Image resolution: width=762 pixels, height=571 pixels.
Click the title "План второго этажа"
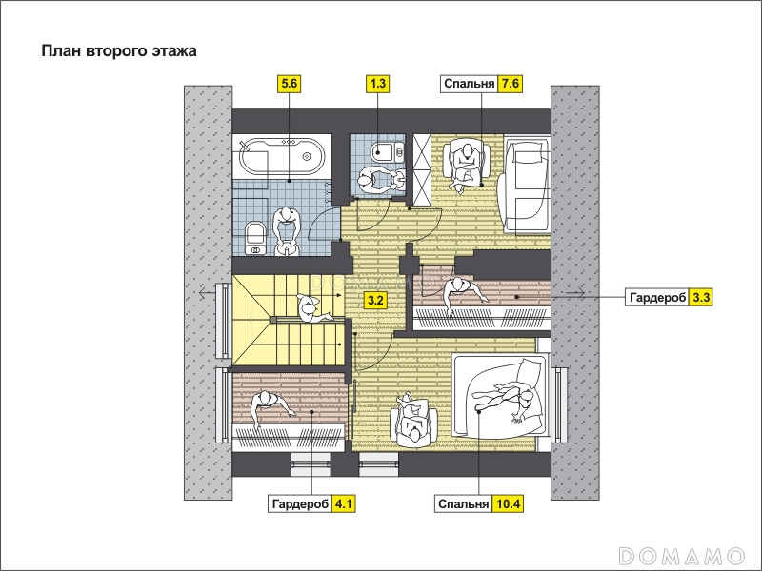119,51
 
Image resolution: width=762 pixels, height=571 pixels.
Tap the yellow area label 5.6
289,84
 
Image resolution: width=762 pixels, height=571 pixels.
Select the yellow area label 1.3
377,84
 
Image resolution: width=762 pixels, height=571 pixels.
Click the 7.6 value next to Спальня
511,84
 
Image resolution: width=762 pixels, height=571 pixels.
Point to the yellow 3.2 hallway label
375,300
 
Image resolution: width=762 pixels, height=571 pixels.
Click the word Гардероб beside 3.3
657,297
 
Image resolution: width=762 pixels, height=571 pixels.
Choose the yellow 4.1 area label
343,504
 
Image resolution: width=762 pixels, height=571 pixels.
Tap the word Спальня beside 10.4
463,504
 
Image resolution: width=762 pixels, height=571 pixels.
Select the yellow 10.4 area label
509,504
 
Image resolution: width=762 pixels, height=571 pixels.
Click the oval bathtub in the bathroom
282,156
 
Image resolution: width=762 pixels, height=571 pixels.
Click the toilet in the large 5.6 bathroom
255,237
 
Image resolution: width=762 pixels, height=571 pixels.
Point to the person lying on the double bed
507,396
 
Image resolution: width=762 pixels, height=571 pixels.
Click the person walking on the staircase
312,308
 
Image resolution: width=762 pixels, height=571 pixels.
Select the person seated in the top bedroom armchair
466,166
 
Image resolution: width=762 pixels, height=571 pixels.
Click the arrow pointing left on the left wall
207,293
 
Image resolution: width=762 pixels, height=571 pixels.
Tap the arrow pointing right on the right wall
577,292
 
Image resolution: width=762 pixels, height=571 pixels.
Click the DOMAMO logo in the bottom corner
681,556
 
